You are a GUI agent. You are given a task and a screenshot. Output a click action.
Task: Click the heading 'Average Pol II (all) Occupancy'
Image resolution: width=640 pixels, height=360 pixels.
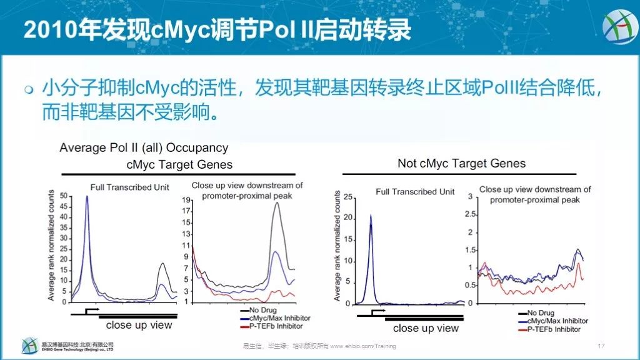[144, 148]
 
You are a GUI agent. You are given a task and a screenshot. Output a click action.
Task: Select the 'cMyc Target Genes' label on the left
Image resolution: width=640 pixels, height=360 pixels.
[179, 164]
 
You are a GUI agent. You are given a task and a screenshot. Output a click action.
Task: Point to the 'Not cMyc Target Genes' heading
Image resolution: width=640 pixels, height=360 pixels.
[461, 163]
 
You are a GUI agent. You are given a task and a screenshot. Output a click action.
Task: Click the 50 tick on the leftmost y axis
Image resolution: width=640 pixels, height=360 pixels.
[63, 196]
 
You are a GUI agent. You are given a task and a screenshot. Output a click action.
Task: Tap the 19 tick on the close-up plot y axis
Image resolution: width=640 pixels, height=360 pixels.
[186, 200]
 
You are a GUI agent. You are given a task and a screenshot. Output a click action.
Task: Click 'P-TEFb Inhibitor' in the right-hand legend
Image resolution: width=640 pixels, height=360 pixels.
[554, 329]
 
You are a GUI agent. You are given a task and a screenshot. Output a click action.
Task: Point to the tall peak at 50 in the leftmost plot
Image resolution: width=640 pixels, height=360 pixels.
[87, 197]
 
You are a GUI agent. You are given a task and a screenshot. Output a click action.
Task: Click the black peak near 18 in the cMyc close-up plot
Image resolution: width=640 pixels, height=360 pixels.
[276, 203]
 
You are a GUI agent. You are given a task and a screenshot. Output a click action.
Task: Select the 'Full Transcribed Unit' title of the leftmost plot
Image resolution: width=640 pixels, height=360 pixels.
[129, 187]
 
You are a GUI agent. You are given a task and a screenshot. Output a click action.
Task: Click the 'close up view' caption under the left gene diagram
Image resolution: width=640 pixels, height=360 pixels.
[139, 325]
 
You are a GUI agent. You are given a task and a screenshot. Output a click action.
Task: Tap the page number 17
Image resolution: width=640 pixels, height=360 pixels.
[602, 346]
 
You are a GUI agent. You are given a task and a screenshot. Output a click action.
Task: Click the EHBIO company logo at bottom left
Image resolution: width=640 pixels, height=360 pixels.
[29, 346]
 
